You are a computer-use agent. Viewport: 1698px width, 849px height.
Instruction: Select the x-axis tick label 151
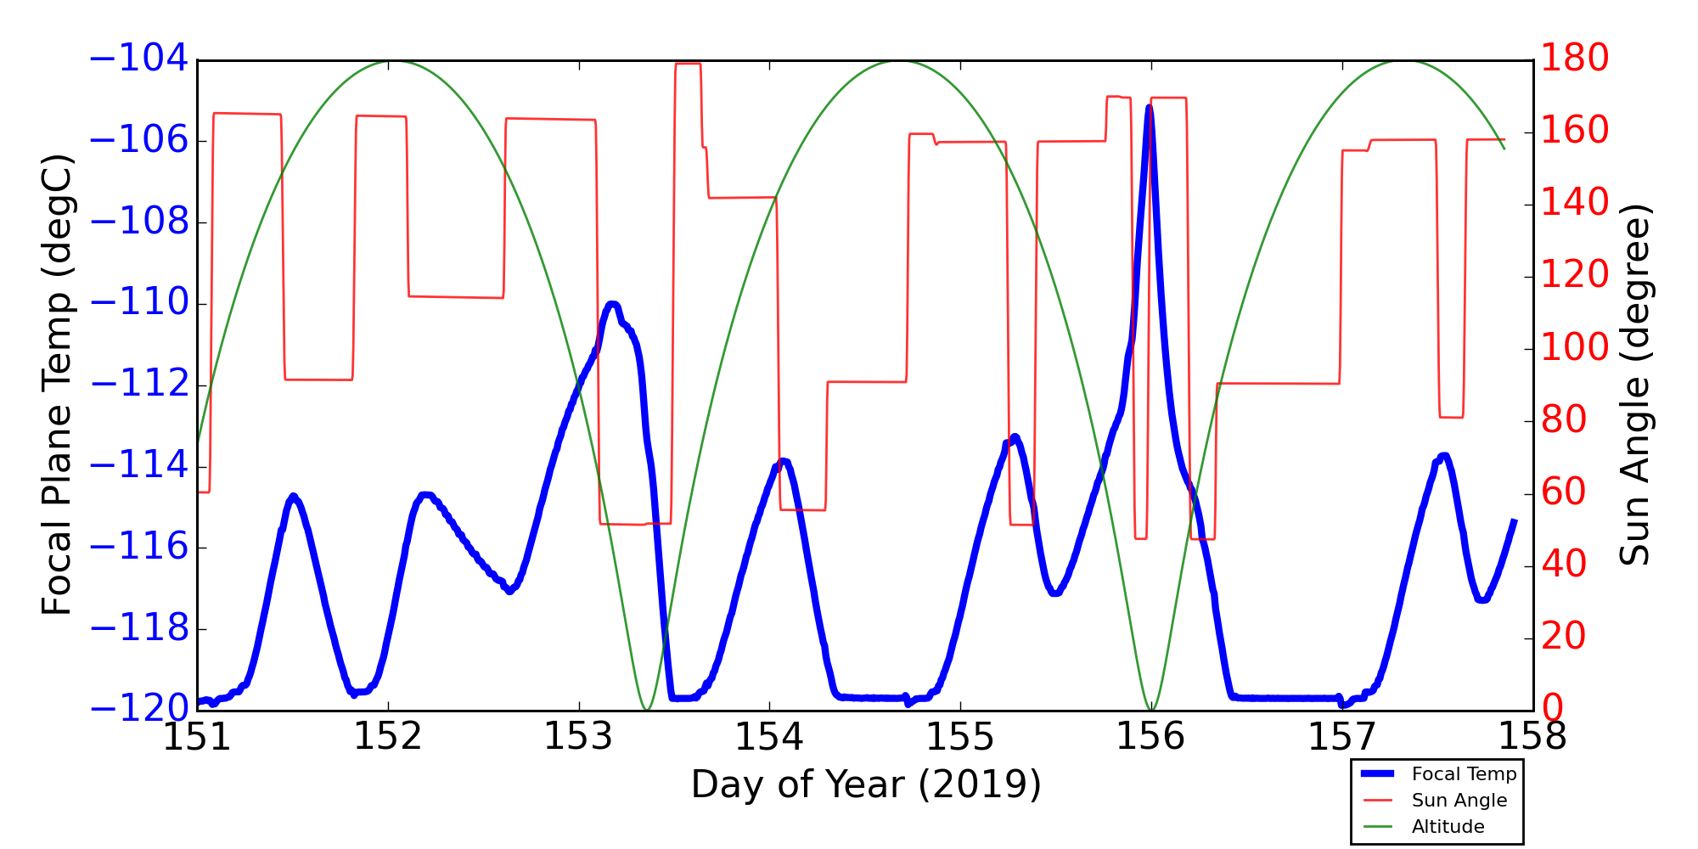pos(197,737)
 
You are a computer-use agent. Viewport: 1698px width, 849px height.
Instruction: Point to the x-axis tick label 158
pos(1532,737)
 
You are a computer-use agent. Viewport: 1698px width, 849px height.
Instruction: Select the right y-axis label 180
pos(1575,59)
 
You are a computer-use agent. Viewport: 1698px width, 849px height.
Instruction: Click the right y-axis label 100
pos(1575,347)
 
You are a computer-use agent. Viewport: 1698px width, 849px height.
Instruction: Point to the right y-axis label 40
pos(1564,564)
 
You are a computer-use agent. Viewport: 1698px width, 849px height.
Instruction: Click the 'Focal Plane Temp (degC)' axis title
pos(58,385)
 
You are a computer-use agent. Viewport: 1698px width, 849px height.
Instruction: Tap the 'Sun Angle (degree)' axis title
pos(1634,385)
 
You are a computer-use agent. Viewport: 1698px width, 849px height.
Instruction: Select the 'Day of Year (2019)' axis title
pos(865,784)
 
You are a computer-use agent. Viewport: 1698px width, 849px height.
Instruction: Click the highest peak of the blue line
pos(1149,108)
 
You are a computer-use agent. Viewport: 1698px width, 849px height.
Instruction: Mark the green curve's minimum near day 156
pos(1151,709)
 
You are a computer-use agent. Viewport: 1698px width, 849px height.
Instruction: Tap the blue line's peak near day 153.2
pos(612,304)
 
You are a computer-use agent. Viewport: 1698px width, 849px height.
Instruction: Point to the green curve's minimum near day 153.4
pos(647,709)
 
